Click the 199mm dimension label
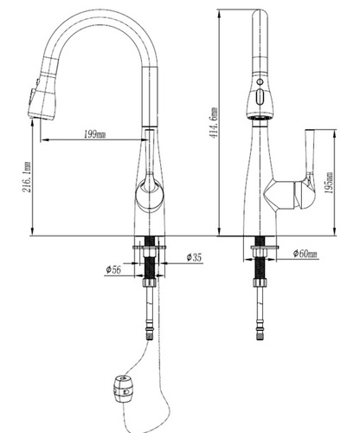pyautogui.click(x=94, y=134)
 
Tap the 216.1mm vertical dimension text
pyautogui.click(x=27, y=177)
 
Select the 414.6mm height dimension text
pyautogui.click(x=215, y=123)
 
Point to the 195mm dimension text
pyautogui.click(x=329, y=183)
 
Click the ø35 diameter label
pyautogui.click(x=194, y=257)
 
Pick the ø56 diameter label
pyautogui.click(x=113, y=269)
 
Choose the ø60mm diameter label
pyautogui.click(x=305, y=254)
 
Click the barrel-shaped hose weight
pyautogui.click(x=123, y=389)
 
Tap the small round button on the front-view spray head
pyautogui.click(x=260, y=81)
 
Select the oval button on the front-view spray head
pyautogui.click(x=260, y=97)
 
